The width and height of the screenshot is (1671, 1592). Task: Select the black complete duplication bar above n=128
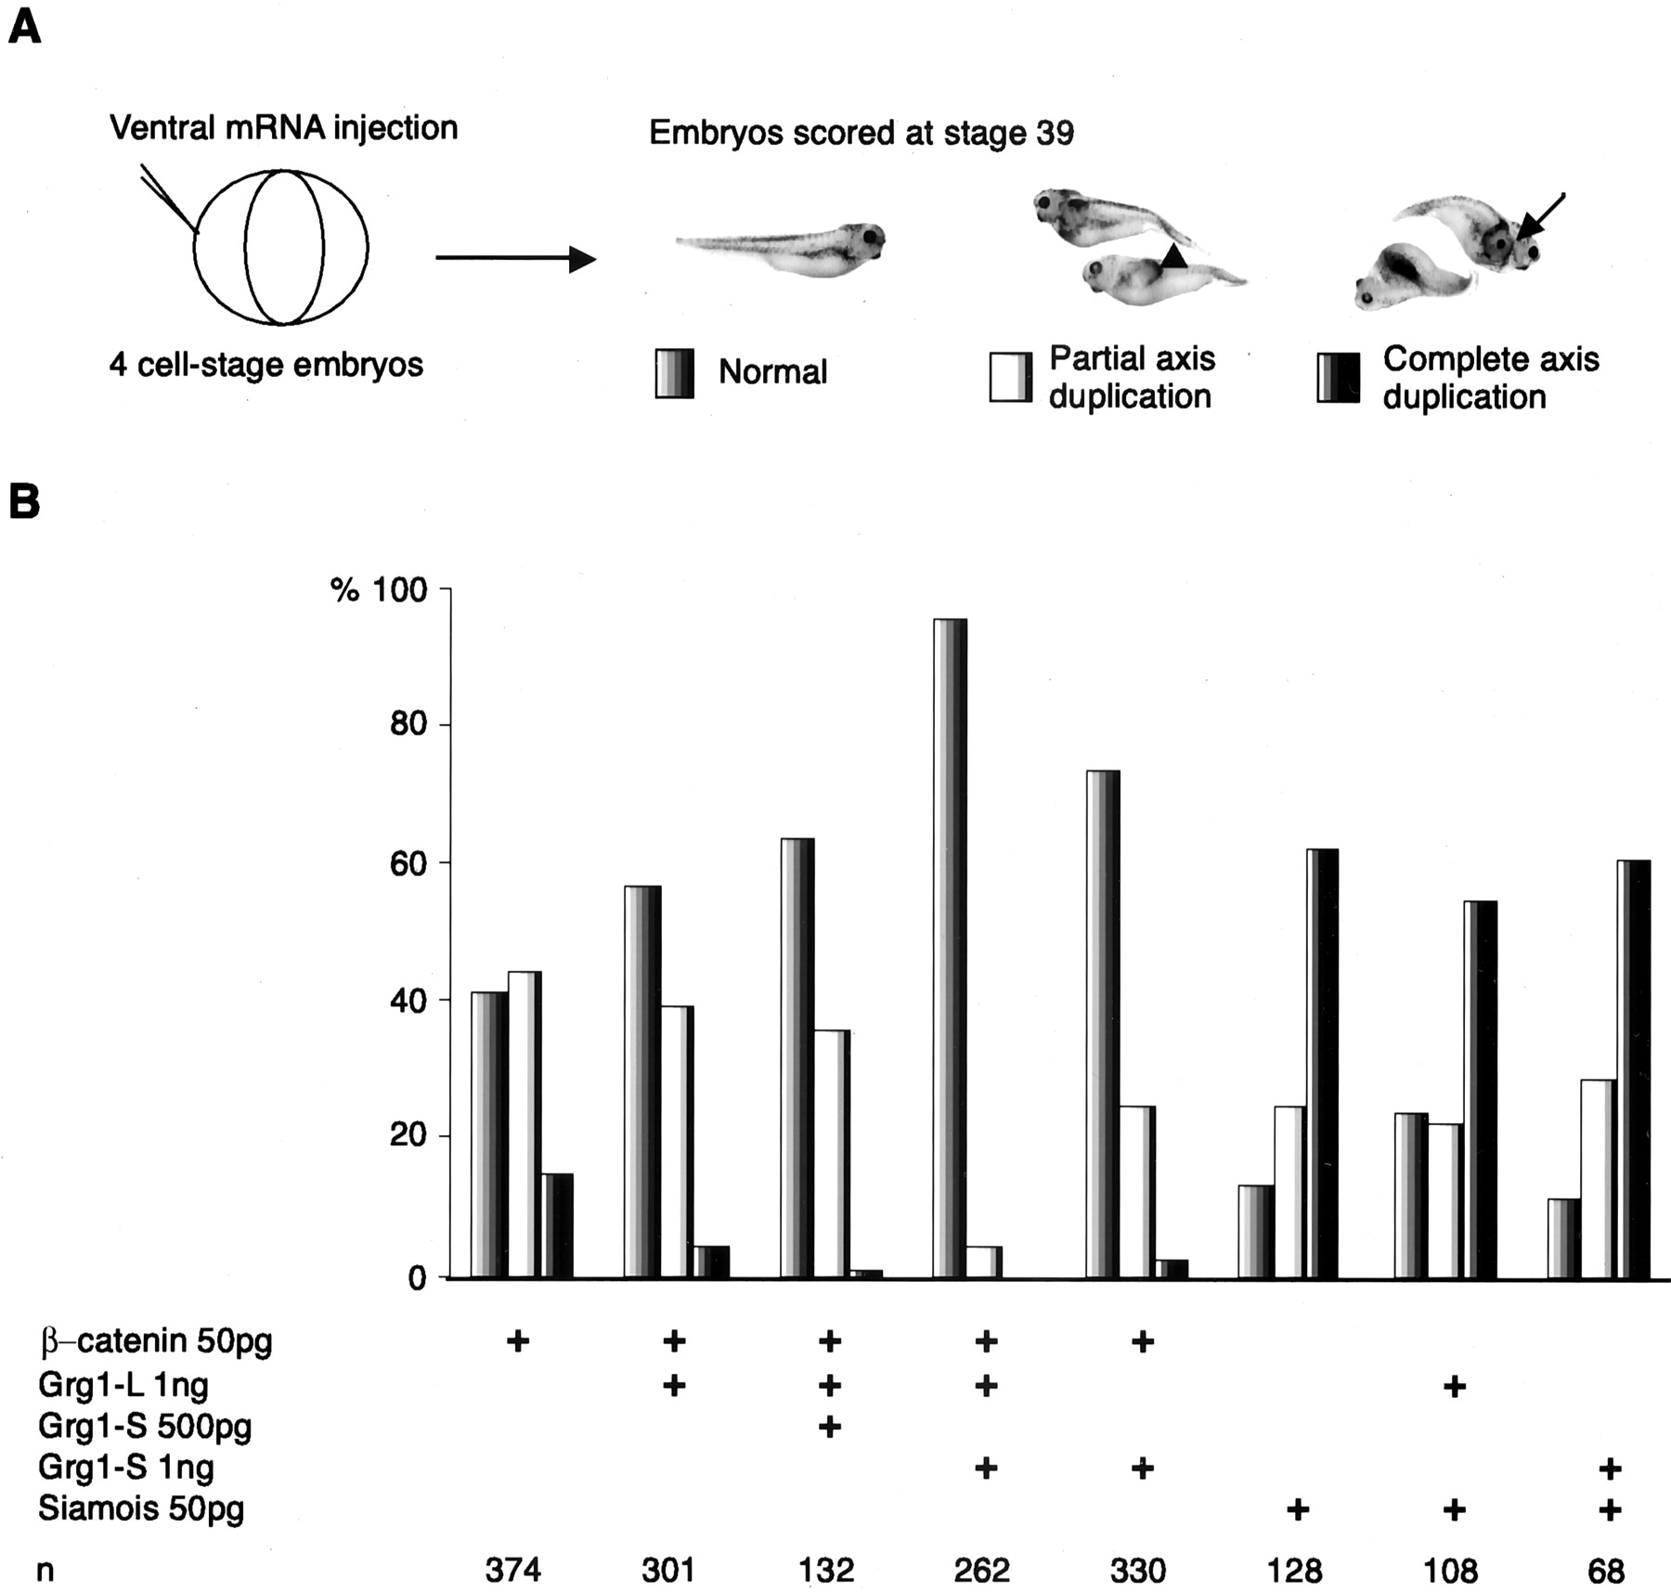[1322, 1063]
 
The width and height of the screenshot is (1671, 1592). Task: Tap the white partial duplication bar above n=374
[525, 1123]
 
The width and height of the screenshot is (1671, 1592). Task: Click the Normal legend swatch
[674, 373]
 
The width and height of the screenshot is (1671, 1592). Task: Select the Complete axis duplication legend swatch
[1338, 377]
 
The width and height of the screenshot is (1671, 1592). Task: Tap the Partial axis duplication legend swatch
[1010, 377]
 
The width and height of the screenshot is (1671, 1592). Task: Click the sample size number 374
[512, 1570]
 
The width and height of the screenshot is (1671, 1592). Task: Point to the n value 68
[1606, 1570]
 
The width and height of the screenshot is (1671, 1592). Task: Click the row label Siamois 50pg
[141, 1508]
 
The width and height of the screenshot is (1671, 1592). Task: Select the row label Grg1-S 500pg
[145, 1426]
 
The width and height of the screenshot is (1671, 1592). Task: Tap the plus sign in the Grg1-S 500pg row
[829, 1426]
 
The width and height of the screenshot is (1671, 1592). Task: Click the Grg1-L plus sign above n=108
[1454, 1386]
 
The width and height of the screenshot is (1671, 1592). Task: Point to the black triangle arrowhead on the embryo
[1173, 257]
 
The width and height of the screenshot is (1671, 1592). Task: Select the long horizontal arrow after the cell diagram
[515, 258]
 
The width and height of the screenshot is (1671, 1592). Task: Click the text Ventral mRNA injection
[283, 128]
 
